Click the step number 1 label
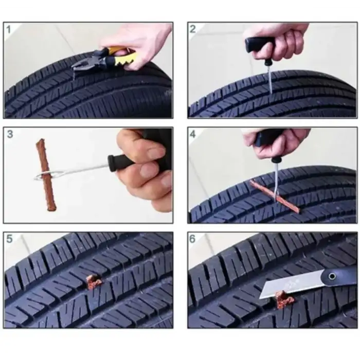click(x=9, y=29)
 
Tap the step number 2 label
click(x=193, y=29)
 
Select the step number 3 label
click(x=9, y=135)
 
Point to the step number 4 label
click(x=193, y=135)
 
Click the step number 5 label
click(x=9, y=239)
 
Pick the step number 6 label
click(x=193, y=239)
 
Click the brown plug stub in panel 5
click(x=93, y=281)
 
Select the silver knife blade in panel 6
click(x=288, y=285)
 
